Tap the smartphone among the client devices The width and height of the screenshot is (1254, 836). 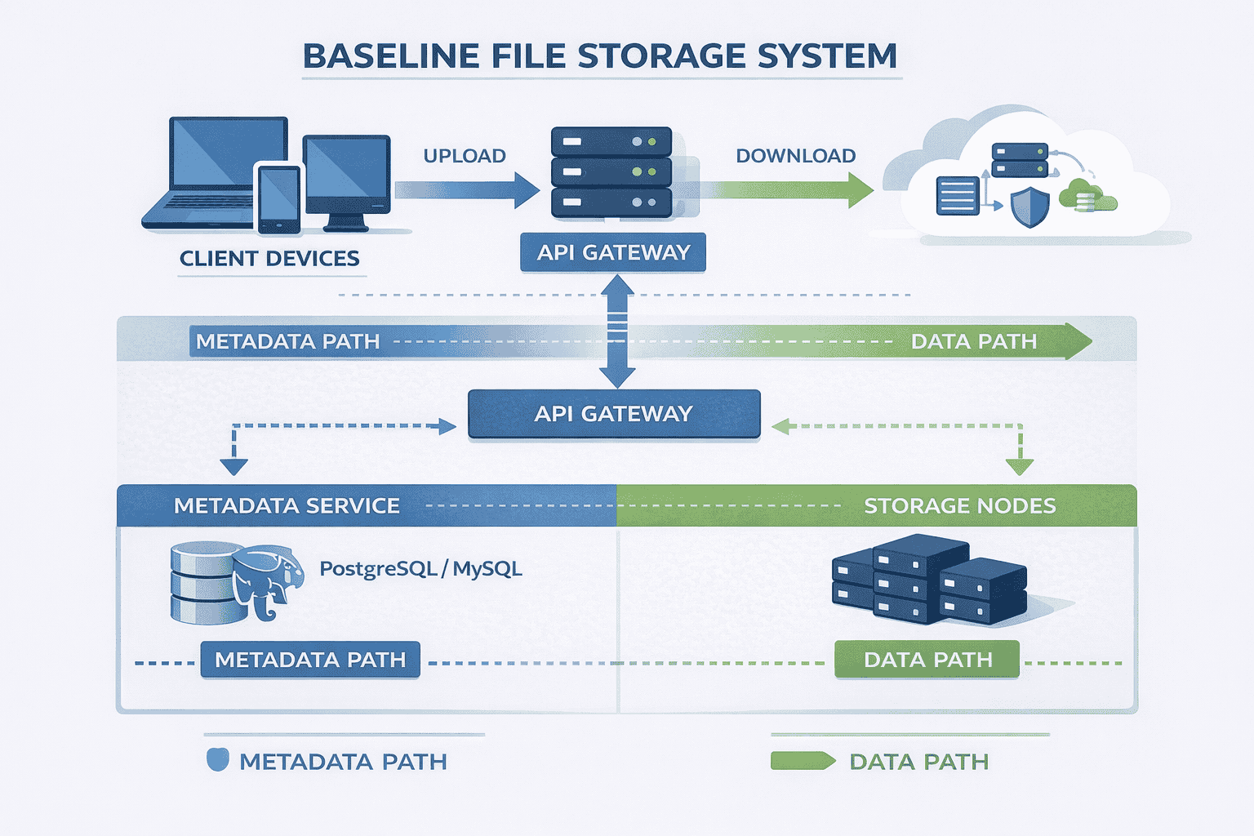pos(278,198)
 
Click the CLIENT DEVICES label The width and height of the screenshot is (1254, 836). pos(269,259)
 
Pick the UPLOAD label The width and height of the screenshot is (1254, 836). pos(465,156)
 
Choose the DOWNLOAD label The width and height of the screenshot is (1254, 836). pos(796,156)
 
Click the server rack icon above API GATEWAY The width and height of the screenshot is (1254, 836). pos(611,172)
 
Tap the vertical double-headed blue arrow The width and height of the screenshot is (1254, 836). pos(617,331)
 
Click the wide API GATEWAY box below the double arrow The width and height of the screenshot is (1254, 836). pos(614,414)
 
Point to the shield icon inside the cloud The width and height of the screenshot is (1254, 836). pos(1029,207)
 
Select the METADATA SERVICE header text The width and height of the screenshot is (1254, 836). pos(287,506)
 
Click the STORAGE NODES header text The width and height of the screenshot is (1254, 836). pos(960,506)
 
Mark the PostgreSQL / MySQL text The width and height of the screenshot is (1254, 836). pos(420,569)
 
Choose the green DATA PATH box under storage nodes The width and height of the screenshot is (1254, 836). pos(927,660)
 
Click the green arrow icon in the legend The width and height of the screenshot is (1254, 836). pos(803,762)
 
